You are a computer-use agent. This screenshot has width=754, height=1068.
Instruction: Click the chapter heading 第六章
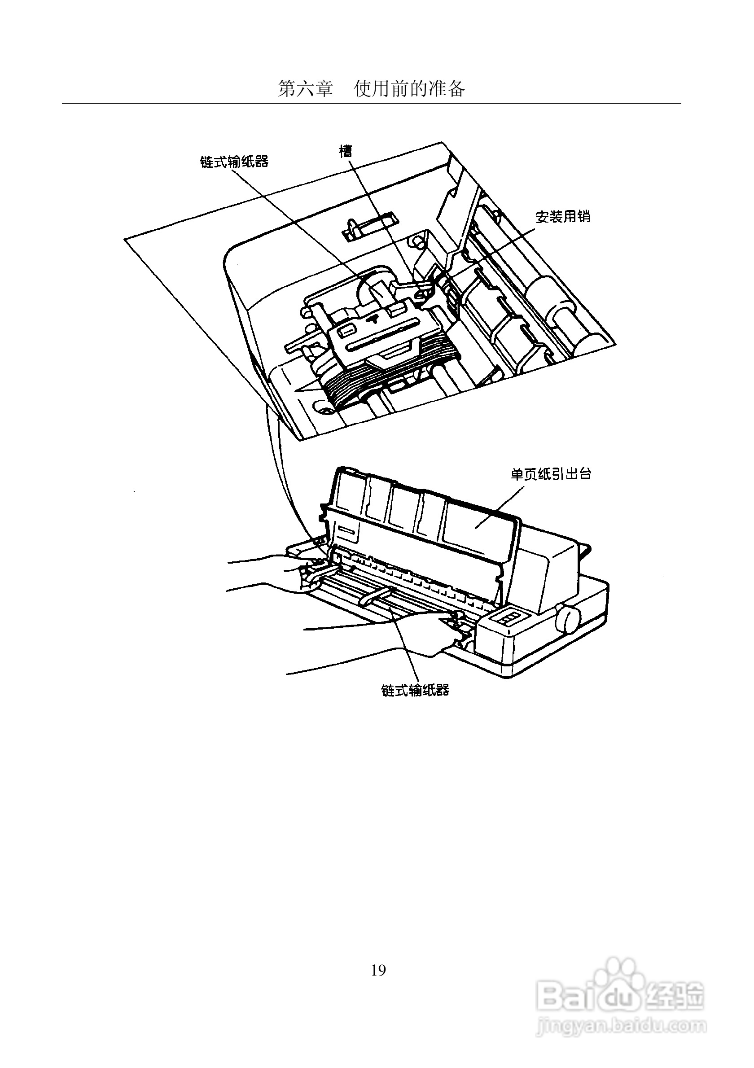click(305, 88)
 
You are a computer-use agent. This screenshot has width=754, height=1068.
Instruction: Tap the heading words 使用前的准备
click(409, 88)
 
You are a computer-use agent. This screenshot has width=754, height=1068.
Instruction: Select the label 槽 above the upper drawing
click(346, 151)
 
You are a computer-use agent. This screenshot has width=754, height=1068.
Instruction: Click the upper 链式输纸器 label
click(234, 162)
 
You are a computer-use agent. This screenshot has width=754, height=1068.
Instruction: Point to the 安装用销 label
click(563, 217)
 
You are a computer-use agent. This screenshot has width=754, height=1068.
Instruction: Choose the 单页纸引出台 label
click(551, 474)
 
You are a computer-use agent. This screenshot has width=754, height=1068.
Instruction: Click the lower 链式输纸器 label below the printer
click(416, 690)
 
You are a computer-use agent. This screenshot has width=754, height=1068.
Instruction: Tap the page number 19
click(378, 957)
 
